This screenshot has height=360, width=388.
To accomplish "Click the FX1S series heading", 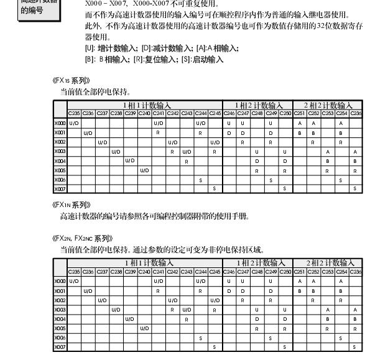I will coord(72,80).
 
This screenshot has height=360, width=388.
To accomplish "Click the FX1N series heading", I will coord(72,205).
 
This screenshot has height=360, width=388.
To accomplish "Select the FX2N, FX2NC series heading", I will coord(83,238).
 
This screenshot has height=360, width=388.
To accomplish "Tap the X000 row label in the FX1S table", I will coord(60,123).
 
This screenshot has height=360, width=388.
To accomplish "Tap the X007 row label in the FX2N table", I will coord(60,346).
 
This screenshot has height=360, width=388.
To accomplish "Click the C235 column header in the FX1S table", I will coord(74,113).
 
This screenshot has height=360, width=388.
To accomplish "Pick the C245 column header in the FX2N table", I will coord(215,271).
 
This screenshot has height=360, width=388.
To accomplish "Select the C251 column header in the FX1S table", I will coord(300,113).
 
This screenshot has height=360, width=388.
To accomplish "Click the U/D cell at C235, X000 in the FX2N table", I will coord(74,281).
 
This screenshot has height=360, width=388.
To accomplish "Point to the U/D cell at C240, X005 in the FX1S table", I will coord(144,170).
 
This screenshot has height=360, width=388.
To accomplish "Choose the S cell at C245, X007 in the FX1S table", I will coord(215,188).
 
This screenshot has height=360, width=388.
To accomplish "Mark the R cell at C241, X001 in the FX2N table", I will coord(158,290).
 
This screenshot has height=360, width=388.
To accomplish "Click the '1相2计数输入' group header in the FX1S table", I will coord(257,105).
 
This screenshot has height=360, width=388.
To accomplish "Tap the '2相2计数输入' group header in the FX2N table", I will coord(328,263).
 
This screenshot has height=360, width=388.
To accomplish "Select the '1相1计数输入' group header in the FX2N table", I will coord(147,263).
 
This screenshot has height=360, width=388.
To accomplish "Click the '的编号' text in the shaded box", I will coord(32,10).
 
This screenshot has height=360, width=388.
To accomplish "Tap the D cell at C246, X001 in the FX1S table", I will coord(229,132).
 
